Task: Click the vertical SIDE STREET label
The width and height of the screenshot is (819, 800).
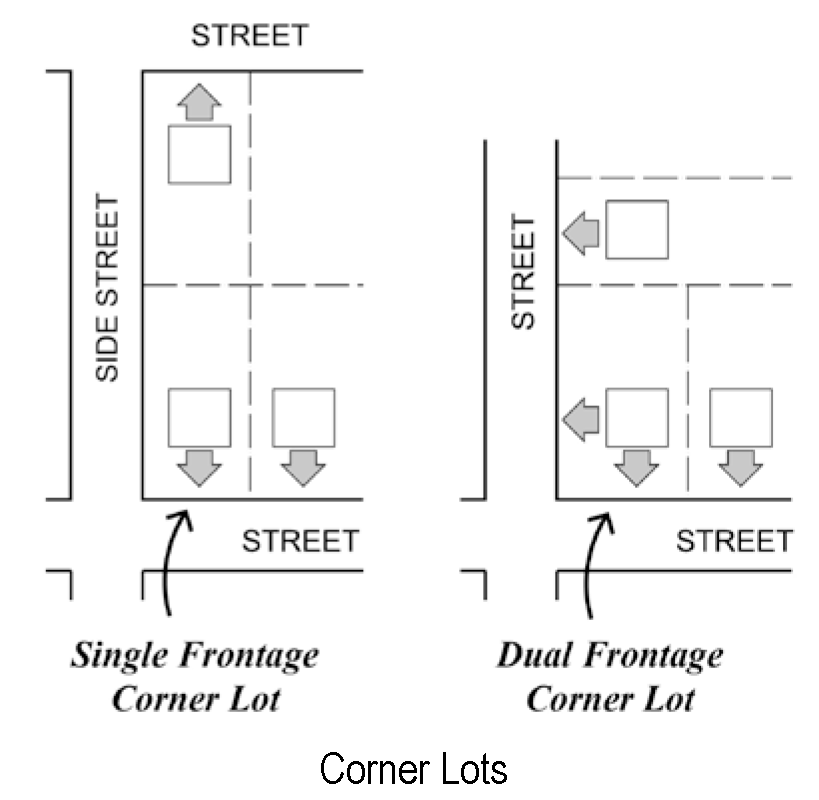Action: (108, 288)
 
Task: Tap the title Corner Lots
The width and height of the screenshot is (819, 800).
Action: (413, 769)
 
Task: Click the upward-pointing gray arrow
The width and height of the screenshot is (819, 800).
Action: (199, 101)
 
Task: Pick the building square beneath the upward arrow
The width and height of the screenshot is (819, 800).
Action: (199, 154)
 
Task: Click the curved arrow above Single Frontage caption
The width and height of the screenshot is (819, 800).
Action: (172, 560)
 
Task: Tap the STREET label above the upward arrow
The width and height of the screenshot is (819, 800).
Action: (250, 36)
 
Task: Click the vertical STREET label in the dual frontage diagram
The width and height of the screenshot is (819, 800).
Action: (524, 272)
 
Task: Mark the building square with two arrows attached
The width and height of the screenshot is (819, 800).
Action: (637, 417)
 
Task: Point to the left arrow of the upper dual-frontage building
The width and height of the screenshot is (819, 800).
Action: (581, 233)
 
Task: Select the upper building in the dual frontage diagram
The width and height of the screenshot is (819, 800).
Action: (637, 229)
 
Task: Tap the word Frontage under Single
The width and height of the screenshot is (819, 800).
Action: (250, 657)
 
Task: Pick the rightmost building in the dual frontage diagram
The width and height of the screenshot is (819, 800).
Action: (741, 417)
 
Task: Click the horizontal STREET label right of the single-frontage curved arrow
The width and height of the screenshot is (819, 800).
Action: (300, 541)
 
